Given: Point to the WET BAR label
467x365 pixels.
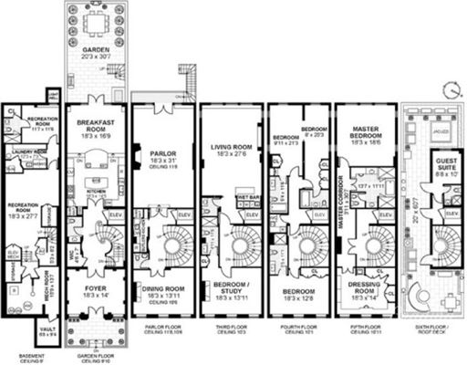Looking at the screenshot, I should tap(245, 195).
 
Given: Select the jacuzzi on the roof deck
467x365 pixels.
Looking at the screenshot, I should tap(435, 133).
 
